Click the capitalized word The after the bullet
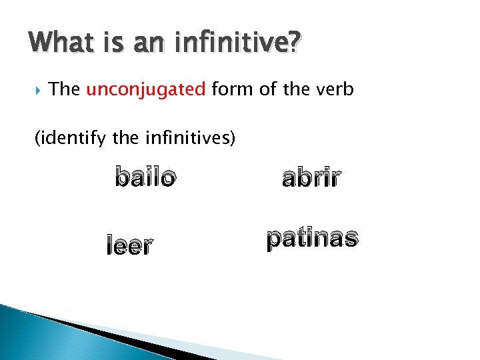click(x=65, y=89)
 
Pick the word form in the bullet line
click(x=234, y=89)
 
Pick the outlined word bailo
click(x=146, y=178)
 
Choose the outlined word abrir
click(x=311, y=178)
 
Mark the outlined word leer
click(x=129, y=246)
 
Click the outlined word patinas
click(x=313, y=239)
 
